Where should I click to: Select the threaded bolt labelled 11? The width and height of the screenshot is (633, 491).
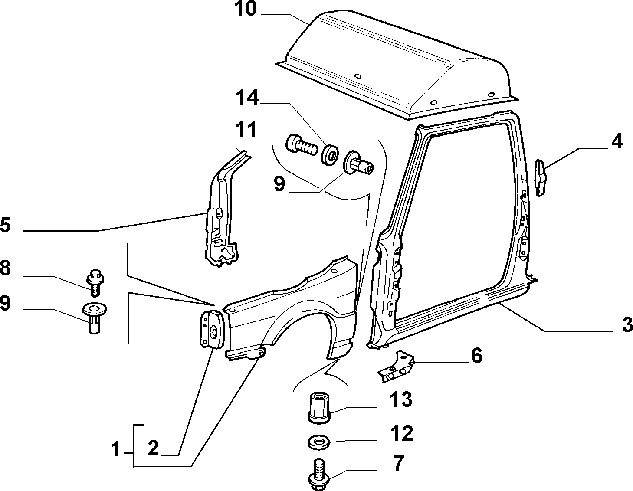click(x=302, y=145)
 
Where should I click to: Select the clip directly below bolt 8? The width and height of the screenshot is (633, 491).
click(x=95, y=318)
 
